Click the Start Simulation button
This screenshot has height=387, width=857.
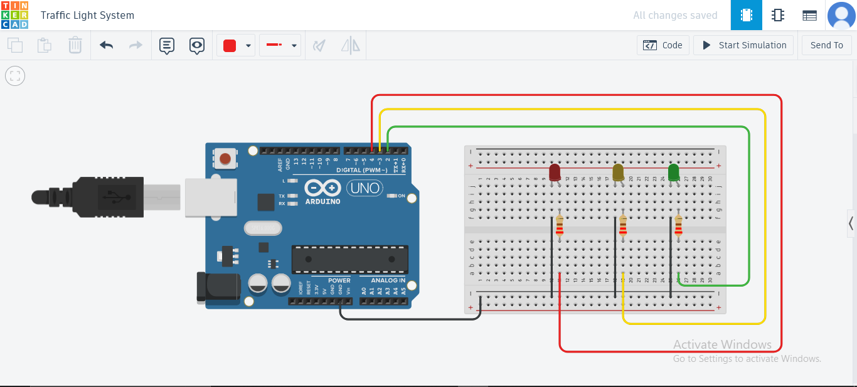tap(743, 45)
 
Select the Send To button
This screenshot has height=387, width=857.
tap(826, 45)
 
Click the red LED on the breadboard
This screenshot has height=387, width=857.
tap(555, 172)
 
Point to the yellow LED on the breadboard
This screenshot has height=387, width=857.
tap(618, 172)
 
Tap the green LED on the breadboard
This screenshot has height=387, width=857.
tap(674, 172)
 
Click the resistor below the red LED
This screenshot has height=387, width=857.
tap(559, 226)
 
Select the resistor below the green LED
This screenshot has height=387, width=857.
tap(678, 226)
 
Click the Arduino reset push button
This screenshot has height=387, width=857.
tap(225, 158)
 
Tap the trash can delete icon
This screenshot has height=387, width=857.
tap(75, 45)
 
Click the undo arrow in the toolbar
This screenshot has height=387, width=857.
tap(107, 45)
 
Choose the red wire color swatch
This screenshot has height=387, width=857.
tap(230, 45)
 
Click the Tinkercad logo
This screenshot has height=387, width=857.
tap(14, 15)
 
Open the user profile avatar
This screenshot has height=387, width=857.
tap(841, 15)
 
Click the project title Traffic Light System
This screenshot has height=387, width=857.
tap(87, 15)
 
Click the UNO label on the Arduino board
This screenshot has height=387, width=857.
tap(365, 188)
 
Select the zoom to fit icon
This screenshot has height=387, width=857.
tap(15, 77)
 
